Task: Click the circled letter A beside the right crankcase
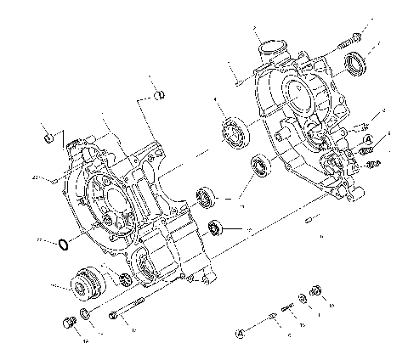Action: [365, 138]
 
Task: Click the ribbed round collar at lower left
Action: [85, 283]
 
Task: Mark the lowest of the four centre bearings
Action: [218, 228]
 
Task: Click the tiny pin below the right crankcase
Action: [307, 222]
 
